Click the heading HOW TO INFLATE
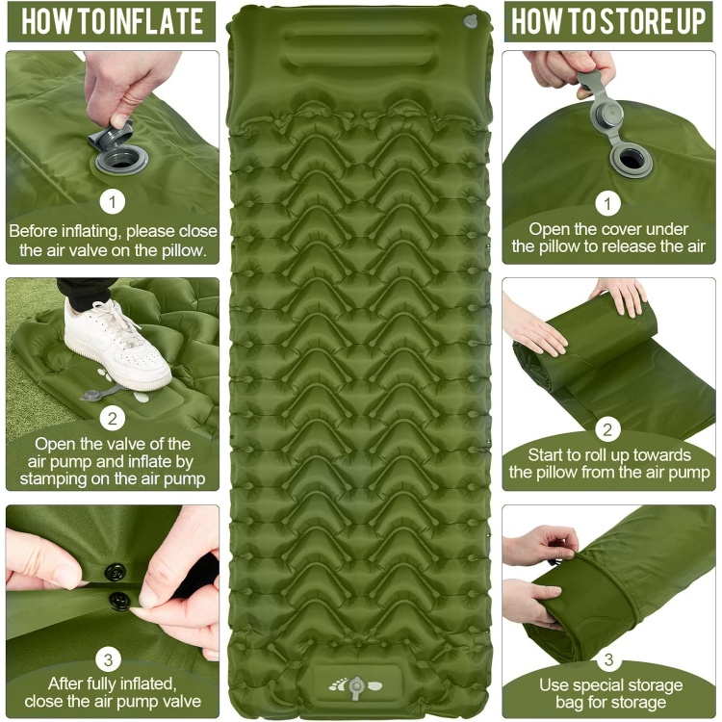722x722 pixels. [112, 22]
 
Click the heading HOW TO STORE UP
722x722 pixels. [608, 22]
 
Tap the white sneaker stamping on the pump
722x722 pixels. [118, 346]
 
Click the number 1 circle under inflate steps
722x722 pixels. [114, 202]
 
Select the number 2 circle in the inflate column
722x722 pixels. [114, 418]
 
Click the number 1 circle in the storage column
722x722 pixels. [607, 203]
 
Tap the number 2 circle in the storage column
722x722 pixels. [607, 428]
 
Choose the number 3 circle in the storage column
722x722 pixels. [607, 660]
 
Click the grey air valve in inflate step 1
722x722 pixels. [118, 154]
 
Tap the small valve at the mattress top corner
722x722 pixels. [470, 21]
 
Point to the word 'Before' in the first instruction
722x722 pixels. [35, 231]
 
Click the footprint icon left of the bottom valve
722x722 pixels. [336, 686]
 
